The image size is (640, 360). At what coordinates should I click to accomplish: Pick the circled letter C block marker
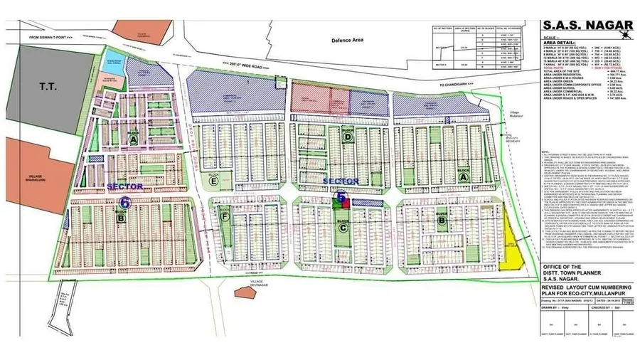click(x=343, y=228)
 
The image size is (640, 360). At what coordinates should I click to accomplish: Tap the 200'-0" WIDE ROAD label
click(x=244, y=63)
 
